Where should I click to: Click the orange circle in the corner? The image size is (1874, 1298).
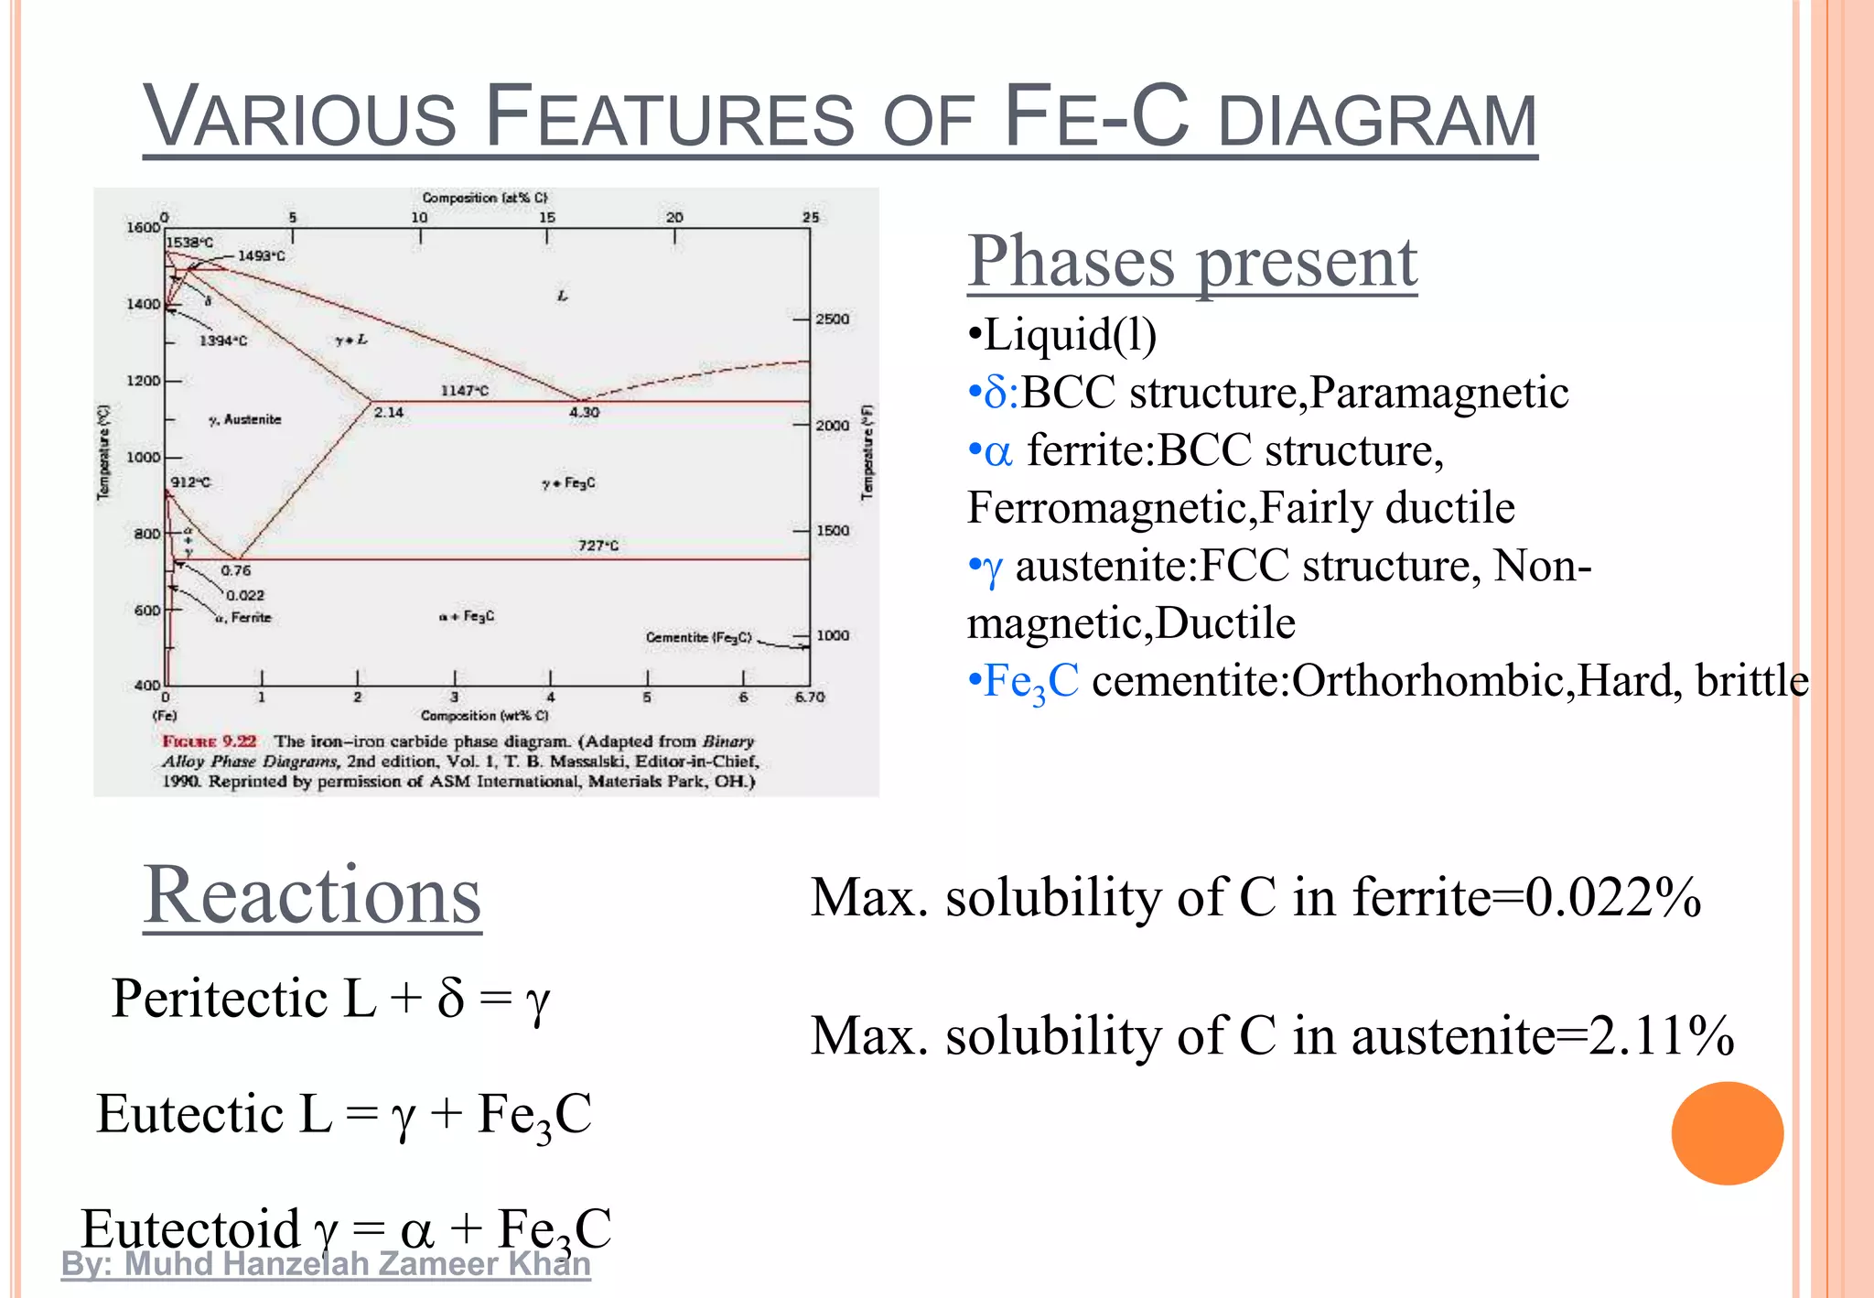tap(1727, 1133)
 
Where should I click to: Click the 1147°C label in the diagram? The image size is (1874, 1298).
tap(465, 391)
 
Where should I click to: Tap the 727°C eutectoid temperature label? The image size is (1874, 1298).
tap(598, 546)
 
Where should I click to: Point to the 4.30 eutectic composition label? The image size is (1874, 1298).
tap(584, 413)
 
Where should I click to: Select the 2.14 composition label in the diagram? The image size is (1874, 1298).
tap(389, 413)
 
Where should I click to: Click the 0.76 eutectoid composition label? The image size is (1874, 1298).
tap(235, 570)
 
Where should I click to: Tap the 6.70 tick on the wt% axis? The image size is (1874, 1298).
tap(809, 698)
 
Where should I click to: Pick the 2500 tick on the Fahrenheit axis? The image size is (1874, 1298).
tap(833, 319)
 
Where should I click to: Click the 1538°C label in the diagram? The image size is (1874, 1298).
tap(190, 243)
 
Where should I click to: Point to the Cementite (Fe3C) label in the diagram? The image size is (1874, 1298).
tap(698, 637)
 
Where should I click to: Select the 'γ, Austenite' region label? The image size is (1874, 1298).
tap(245, 419)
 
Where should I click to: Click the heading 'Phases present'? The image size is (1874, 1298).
tap(1191, 262)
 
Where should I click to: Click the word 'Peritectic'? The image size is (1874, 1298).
tap(220, 998)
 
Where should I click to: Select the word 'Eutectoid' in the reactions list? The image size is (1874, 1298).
tap(190, 1228)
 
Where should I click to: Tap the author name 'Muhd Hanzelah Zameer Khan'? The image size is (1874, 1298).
tap(357, 1264)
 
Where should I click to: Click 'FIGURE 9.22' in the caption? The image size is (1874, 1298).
tap(210, 741)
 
